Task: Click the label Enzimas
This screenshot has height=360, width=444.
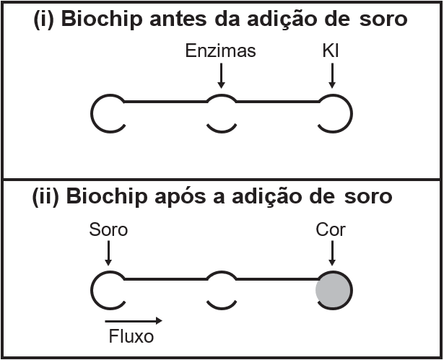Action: pos(220,52)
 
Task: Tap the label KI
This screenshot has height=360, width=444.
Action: pos(332,52)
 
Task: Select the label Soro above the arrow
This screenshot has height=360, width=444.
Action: pos(108,230)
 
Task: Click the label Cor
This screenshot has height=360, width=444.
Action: pos(332,230)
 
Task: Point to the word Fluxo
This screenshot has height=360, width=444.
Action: pos(131,336)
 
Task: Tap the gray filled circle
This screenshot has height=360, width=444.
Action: pos(334,290)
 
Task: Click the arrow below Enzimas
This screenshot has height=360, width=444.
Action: pos(221,74)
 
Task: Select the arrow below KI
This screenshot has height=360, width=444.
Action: pos(332,74)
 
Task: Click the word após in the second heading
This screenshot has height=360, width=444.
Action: pos(194,197)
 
